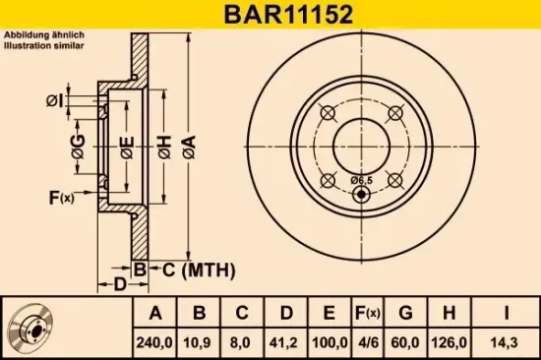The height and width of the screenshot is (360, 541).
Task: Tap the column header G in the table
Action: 404,314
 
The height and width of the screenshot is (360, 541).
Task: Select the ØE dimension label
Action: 126,150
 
